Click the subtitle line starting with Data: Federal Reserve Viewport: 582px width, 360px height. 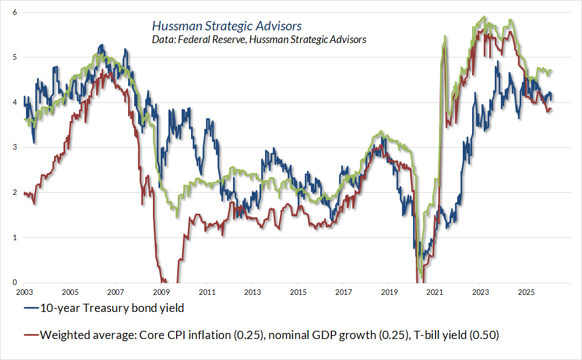[x=258, y=39]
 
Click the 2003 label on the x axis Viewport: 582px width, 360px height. [x=24, y=291]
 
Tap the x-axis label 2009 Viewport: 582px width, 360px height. [x=161, y=291]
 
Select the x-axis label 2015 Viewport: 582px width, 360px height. [x=298, y=291]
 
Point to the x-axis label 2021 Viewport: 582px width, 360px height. [x=435, y=291]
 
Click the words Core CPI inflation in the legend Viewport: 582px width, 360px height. [x=170, y=335]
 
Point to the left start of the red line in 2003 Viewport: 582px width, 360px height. [x=24, y=193]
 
